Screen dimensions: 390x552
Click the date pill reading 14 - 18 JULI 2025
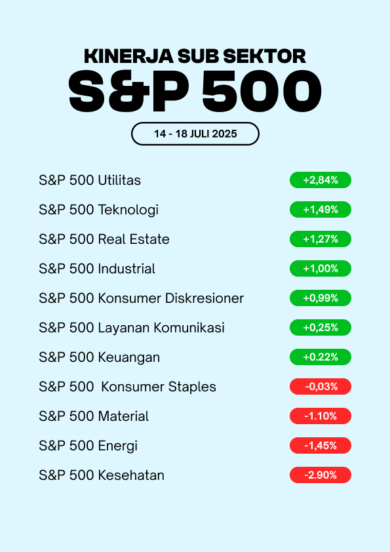(x=195, y=134)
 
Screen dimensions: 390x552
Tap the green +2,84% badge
(x=321, y=180)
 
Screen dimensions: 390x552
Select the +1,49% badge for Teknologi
(x=321, y=210)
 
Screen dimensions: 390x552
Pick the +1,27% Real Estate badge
(x=321, y=239)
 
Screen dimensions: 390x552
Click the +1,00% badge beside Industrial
(x=321, y=269)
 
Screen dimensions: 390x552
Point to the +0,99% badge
(x=321, y=298)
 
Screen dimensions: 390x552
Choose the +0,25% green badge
(x=321, y=327)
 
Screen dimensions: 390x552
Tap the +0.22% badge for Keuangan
(x=321, y=357)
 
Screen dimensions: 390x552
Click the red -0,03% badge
(x=321, y=387)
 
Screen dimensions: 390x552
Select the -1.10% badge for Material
(x=321, y=416)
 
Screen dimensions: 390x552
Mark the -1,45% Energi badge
(x=321, y=446)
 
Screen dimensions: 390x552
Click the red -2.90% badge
(x=321, y=475)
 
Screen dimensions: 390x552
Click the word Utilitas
(x=119, y=180)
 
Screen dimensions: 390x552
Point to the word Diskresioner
(x=205, y=298)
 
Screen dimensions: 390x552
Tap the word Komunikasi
(x=189, y=328)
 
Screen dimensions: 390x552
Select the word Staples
(x=192, y=387)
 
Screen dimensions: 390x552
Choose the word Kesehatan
(x=131, y=475)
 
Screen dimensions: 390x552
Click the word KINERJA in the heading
(x=129, y=56)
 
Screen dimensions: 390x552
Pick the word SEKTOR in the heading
(x=264, y=56)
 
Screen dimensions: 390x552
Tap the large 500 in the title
(x=262, y=91)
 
